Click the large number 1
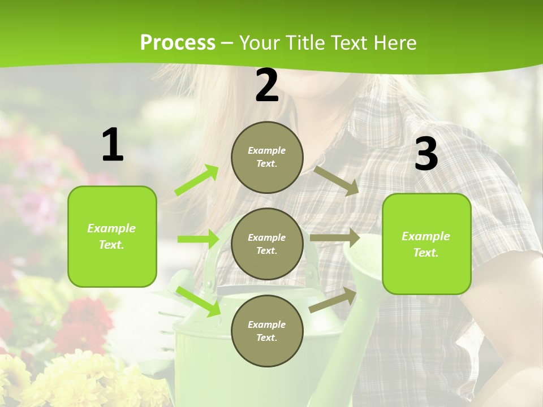pyautogui.click(x=113, y=145)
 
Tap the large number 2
pyautogui.click(x=267, y=85)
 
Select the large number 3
pyautogui.click(x=426, y=154)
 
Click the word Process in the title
pyautogui.click(x=178, y=42)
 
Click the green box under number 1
pyautogui.click(x=112, y=236)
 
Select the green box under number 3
pyautogui.click(x=426, y=244)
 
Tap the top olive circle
pyautogui.click(x=267, y=157)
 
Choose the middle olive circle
pyautogui.click(x=267, y=244)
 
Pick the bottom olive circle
pyautogui.click(x=267, y=331)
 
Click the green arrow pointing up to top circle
pyautogui.click(x=197, y=180)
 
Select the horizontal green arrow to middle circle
pyautogui.click(x=198, y=239)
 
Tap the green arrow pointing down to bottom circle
pyautogui.click(x=198, y=301)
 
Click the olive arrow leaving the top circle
pyautogui.click(x=337, y=180)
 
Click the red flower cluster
pyautogui.click(x=85, y=319)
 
